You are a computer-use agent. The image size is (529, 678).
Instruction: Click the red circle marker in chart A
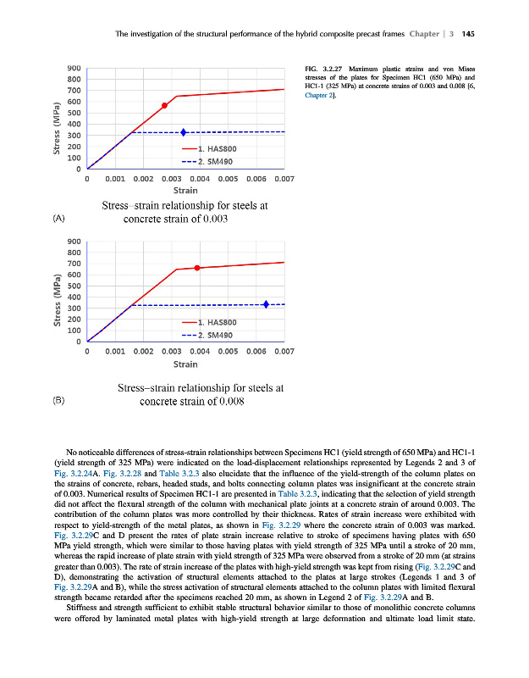165,105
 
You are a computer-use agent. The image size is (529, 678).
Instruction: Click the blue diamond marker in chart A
184,132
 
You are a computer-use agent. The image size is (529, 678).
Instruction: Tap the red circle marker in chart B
198,268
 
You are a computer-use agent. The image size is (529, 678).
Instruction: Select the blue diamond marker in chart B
267,304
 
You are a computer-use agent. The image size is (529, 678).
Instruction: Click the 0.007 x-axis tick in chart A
284,180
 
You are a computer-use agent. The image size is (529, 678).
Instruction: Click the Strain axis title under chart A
185,191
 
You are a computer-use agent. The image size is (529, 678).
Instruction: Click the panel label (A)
58,218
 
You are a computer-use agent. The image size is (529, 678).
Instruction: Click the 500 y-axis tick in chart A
74,114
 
